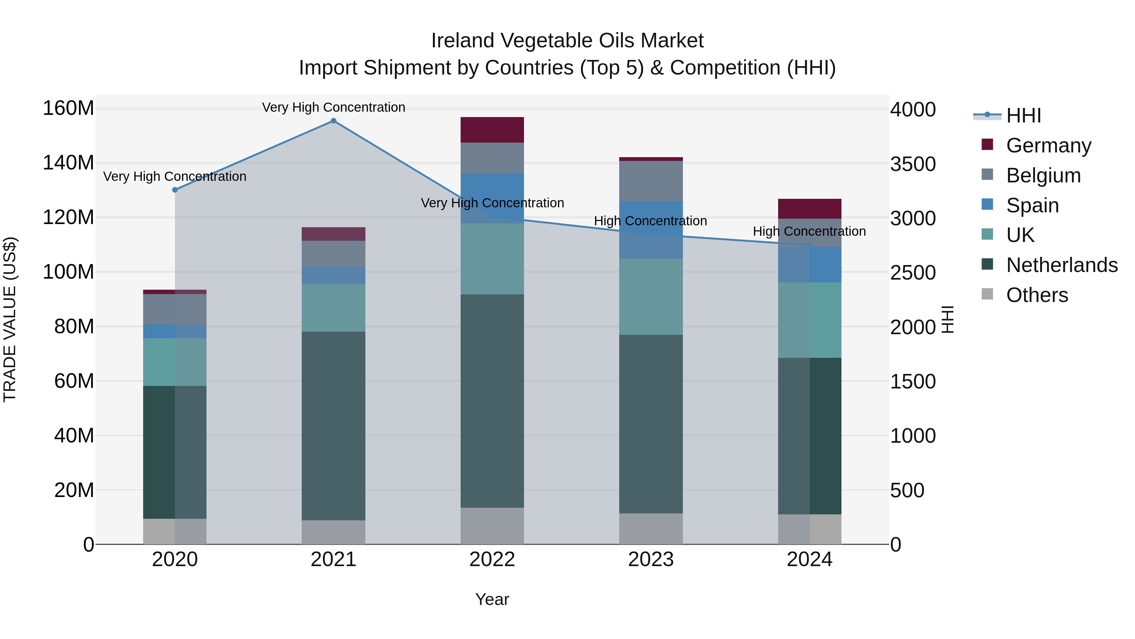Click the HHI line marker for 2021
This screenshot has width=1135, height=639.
(334, 121)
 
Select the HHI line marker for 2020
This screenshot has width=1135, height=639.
(175, 190)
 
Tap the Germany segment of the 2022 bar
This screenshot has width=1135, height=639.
(492, 130)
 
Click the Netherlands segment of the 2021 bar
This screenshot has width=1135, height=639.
(334, 426)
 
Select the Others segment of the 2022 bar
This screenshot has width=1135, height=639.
(492, 526)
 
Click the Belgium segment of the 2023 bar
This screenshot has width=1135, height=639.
(651, 181)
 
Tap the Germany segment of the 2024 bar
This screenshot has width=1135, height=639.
(809, 209)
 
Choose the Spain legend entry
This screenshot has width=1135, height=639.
(1032, 205)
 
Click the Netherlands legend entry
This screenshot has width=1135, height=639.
(1062, 265)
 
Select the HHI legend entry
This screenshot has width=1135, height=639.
(1023, 115)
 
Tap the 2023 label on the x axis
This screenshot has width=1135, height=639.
(651, 559)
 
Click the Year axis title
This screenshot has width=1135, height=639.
(492, 599)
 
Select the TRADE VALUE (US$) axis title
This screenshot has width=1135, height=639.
(10, 319)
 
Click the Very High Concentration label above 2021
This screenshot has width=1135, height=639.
(334, 107)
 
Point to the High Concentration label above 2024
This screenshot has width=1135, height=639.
(809, 231)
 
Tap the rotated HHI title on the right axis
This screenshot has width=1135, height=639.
(947, 319)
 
